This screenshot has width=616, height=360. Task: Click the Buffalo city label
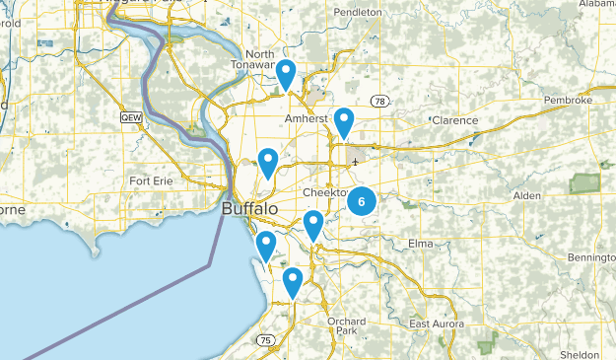(250, 210)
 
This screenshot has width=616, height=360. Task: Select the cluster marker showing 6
(362, 201)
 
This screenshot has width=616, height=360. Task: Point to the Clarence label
(454, 121)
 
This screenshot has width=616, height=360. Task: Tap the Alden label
(527, 196)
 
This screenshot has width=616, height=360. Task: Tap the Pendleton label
(357, 12)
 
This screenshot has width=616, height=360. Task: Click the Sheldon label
(579, 354)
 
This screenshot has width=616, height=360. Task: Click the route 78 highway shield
(379, 102)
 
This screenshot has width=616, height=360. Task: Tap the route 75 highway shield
(265, 340)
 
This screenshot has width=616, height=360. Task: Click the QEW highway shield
(129, 117)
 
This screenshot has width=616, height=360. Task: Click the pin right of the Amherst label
(343, 123)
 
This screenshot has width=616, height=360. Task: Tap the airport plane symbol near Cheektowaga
(354, 162)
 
